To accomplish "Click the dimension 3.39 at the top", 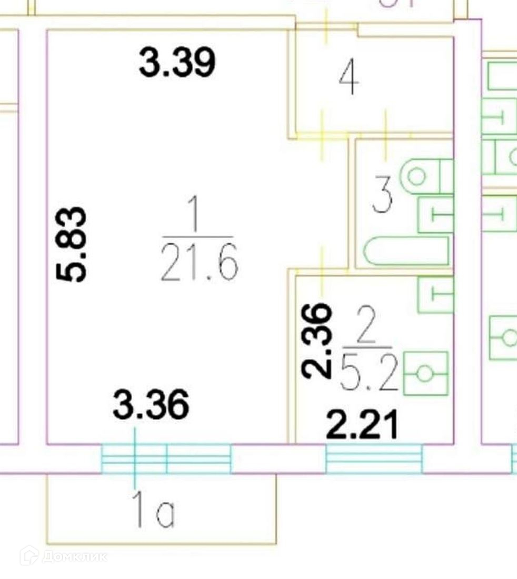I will point(177,62).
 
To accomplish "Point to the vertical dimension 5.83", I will point(72,244).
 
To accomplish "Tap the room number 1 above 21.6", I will point(195,216).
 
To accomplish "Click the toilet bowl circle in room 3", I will point(417,176).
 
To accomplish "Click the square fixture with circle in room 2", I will point(425,374).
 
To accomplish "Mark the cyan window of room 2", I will point(374,458).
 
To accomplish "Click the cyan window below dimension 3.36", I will point(166,458).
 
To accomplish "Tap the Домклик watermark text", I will point(74,556).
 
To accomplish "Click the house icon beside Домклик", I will point(29,556).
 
